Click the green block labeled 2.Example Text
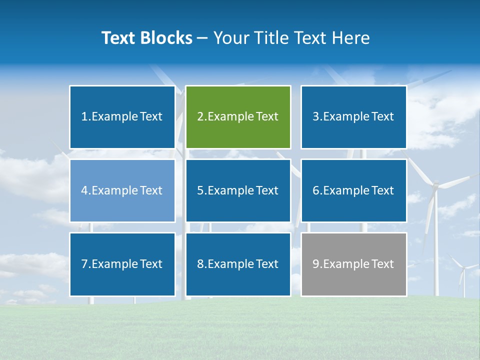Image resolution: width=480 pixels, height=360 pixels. pyautogui.click(x=238, y=117)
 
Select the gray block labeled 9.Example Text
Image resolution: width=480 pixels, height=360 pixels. pyautogui.click(x=353, y=264)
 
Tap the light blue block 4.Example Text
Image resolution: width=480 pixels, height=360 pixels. pyautogui.click(x=122, y=190)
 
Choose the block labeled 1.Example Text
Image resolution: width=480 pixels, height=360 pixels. pyautogui.click(x=122, y=117)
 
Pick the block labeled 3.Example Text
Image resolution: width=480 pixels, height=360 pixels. pyautogui.click(x=353, y=117)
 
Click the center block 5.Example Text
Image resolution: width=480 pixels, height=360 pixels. pyautogui.click(x=238, y=190)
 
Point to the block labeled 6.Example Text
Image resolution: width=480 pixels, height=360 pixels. pyautogui.click(x=353, y=190)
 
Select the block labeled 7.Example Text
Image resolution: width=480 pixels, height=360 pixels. pyautogui.click(x=122, y=264)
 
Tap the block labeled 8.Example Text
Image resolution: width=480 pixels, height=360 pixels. pyautogui.click(x=238, y=264)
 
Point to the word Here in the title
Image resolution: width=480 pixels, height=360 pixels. pyautogui.click(x=352, y=38)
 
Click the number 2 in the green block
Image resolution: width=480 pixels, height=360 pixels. pyautogui.click(x=200, y=117)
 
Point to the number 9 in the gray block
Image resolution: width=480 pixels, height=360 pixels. pyautogui.click(x=316, y=264)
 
